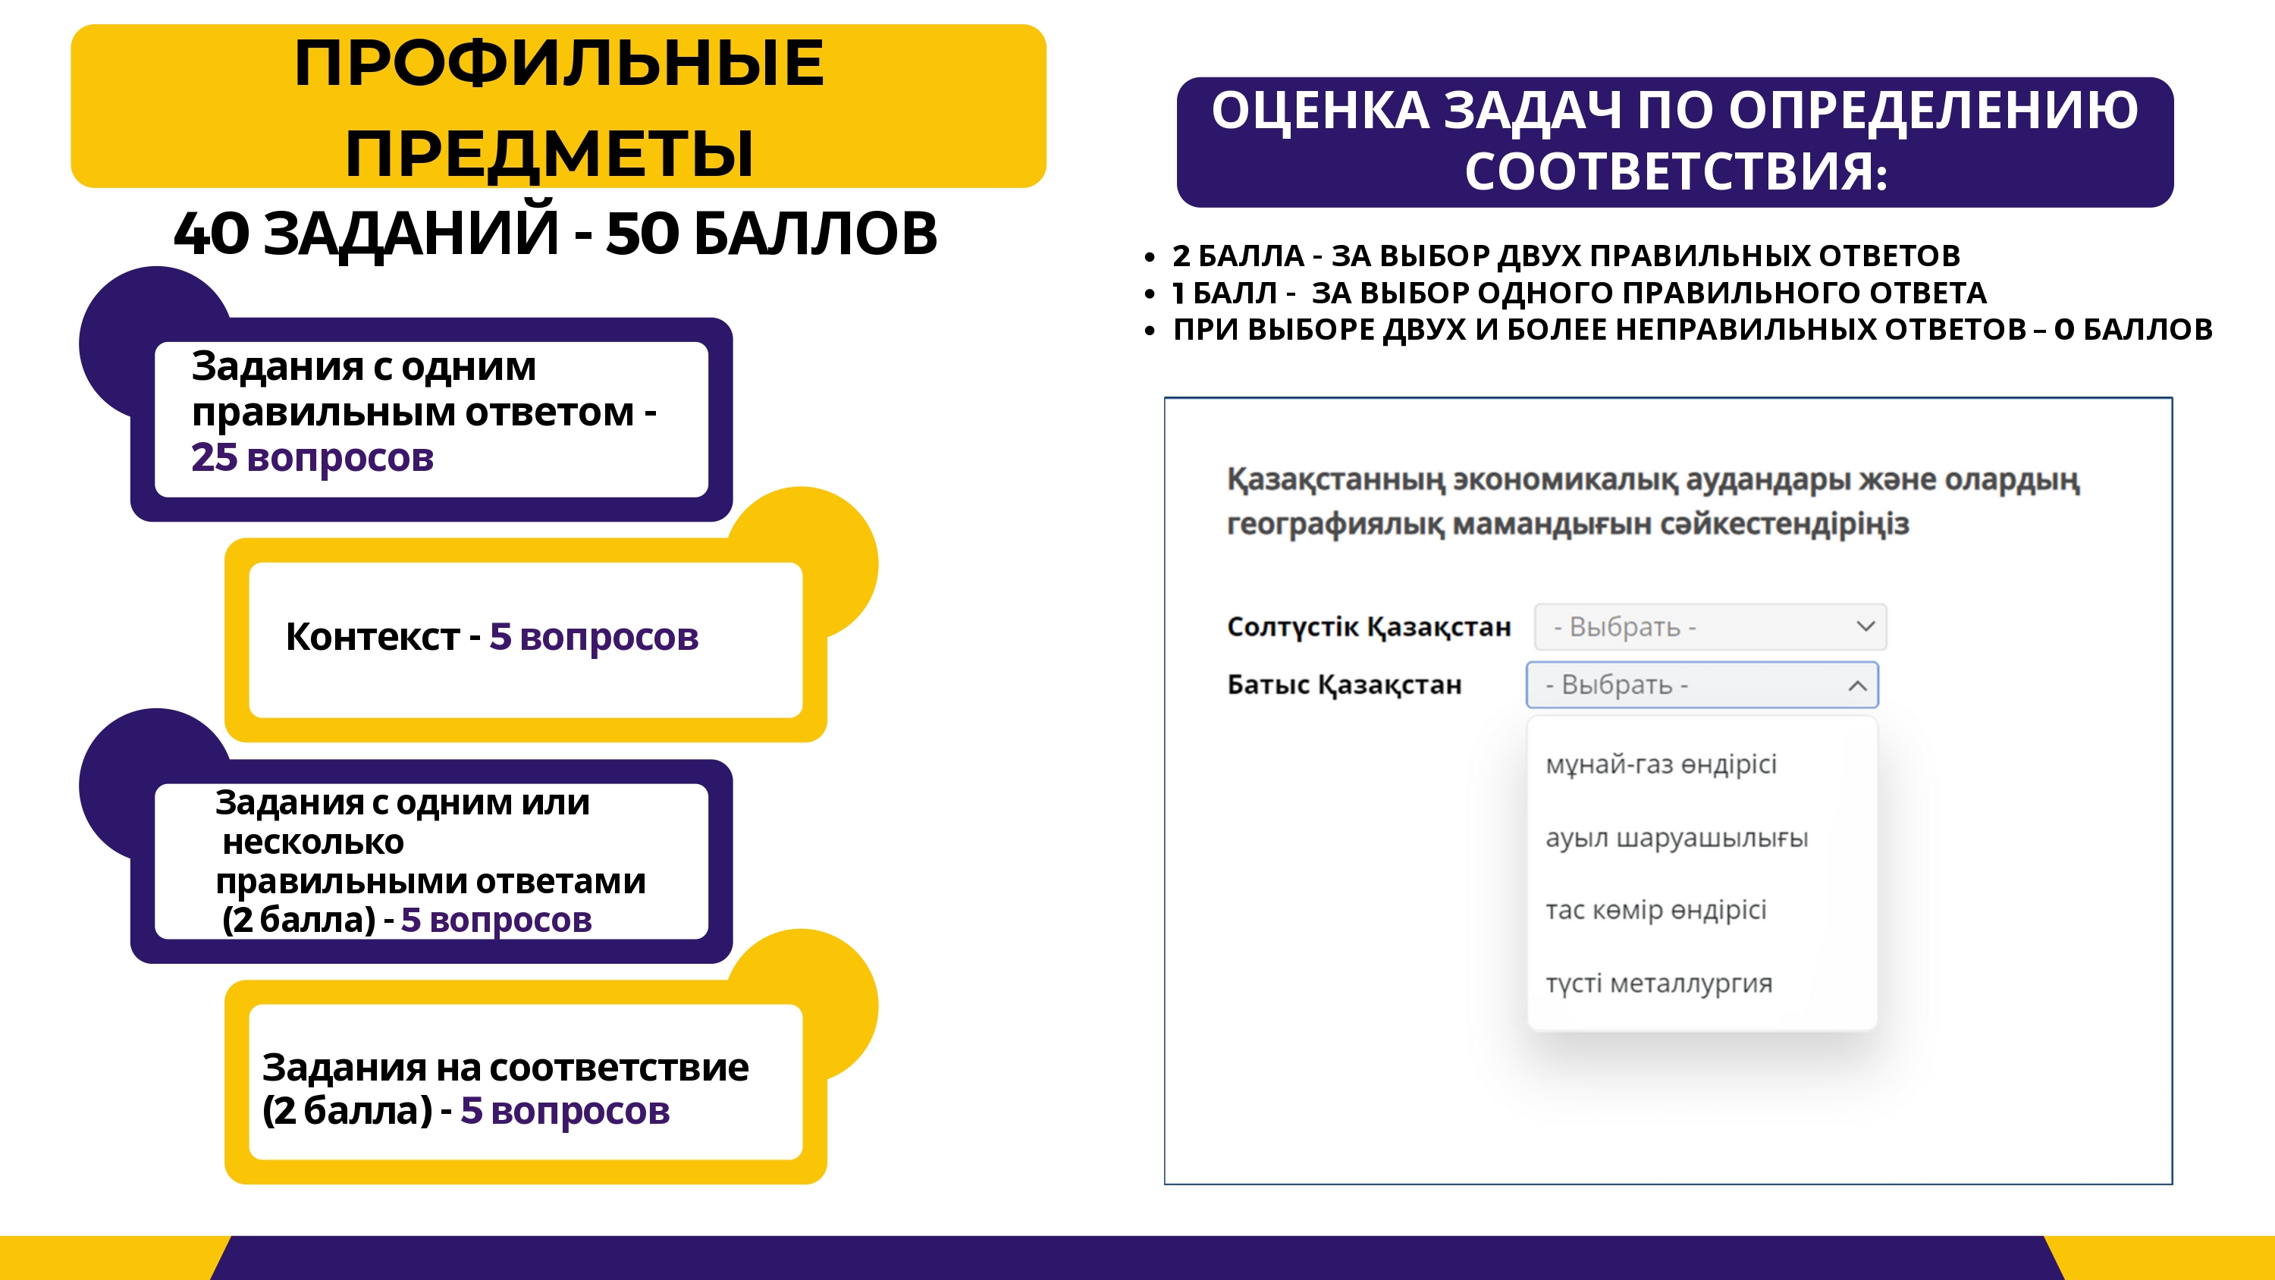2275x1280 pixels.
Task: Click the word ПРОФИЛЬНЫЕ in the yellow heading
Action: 559,64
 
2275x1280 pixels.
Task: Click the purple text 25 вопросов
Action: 312,457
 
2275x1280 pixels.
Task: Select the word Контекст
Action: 372,637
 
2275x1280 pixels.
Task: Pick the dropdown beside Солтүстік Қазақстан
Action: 1710,626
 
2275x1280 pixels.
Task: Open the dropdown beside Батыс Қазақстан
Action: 1702,685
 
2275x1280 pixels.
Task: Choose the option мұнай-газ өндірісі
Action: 1660,764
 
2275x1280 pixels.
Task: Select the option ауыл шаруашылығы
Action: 1676,837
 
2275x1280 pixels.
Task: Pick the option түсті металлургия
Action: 1658,984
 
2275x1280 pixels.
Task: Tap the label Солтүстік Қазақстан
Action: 1369,626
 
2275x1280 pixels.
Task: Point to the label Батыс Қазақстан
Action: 1345,685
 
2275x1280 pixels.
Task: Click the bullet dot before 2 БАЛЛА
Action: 1149,257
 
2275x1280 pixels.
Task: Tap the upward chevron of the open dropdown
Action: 1857,685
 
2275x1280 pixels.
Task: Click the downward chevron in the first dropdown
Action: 1865,626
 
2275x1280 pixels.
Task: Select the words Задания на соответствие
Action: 505,1068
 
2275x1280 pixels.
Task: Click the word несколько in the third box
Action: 312,842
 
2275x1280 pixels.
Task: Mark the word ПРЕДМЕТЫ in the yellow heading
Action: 549,153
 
